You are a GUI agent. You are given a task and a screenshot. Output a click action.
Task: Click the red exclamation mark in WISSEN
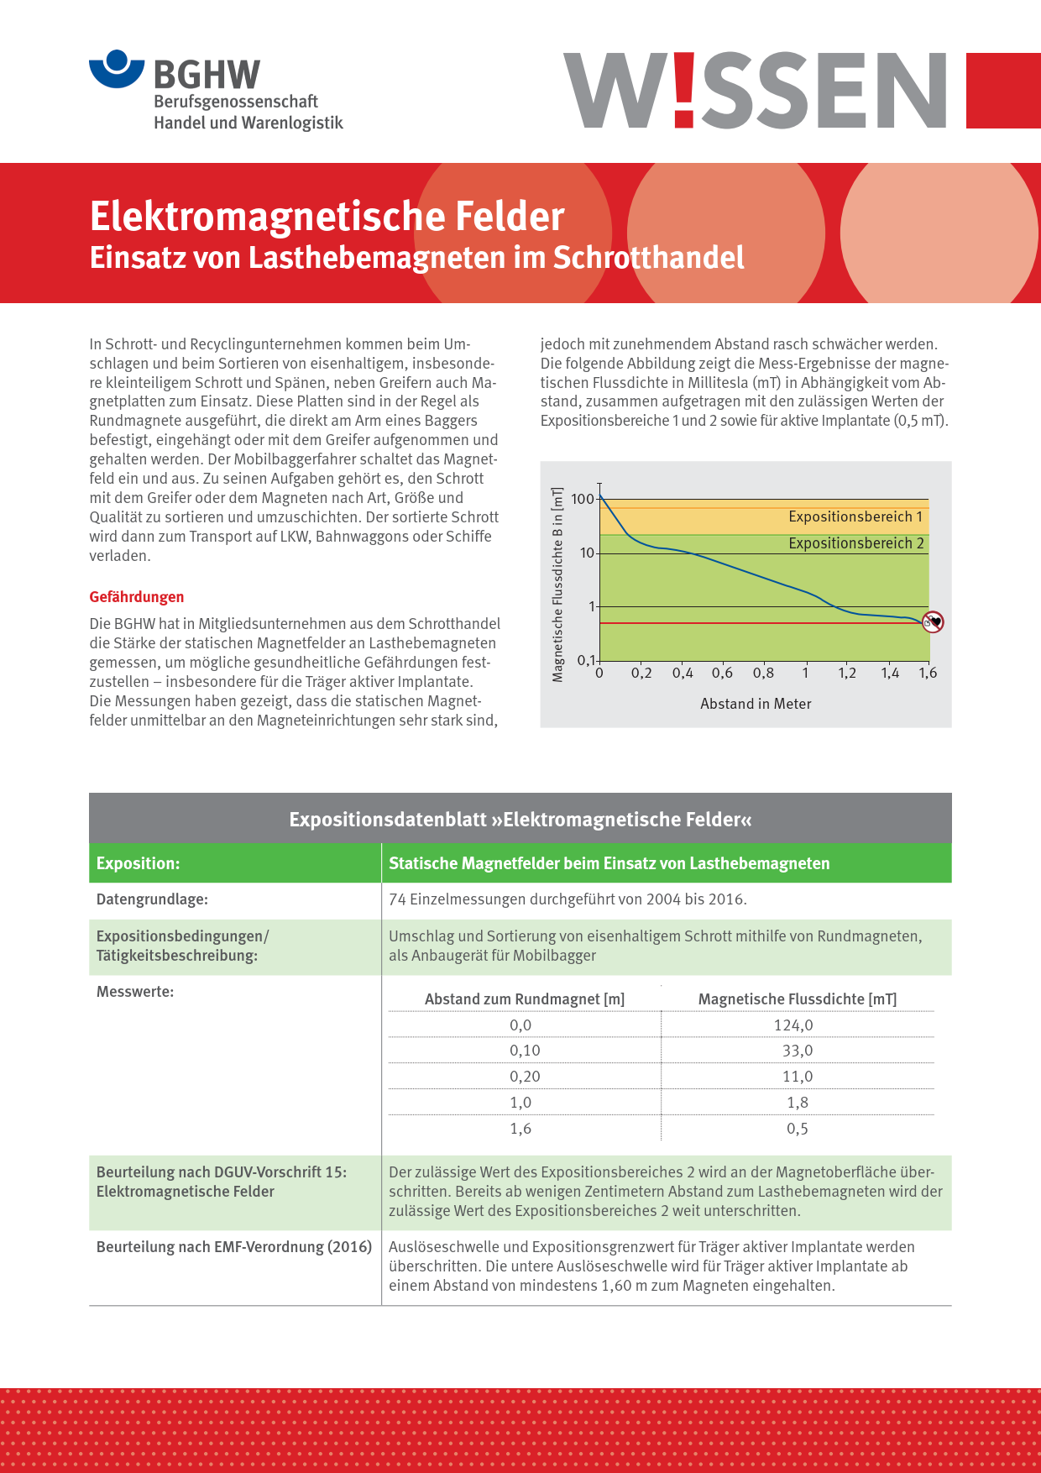point(684,90)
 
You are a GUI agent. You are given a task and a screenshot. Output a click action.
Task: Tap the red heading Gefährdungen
point(137,597)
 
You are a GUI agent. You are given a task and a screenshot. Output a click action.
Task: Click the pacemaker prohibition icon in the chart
point(933,622)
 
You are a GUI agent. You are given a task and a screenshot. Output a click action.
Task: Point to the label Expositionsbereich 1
point(855,516)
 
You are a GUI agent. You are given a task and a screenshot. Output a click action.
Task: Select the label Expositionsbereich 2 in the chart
point(855,543)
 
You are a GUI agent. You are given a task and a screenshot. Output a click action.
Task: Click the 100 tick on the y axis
point(582,499)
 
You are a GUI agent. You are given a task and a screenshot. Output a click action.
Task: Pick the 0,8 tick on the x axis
point(763,673)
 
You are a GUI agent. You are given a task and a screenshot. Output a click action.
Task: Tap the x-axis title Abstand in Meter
point(756,704)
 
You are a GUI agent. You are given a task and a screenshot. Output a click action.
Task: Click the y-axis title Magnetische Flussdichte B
point(557,584)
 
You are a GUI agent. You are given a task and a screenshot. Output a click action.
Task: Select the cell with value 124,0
point(793,1025)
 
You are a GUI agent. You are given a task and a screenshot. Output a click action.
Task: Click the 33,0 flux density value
point(797,1051)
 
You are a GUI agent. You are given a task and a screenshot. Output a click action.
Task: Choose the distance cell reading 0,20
point(525,1077)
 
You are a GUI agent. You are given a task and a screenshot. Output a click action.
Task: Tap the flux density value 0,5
point(797,1129)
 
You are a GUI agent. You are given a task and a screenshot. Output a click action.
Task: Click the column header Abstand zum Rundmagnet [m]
point(525,999)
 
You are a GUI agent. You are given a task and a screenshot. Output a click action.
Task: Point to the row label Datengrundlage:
point(152,899)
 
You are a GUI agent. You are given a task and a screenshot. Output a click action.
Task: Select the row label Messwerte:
point(135,992)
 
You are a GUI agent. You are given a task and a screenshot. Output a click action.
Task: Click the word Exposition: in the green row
point(138,863)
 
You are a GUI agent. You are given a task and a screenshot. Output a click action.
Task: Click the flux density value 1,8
point(797,1103)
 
